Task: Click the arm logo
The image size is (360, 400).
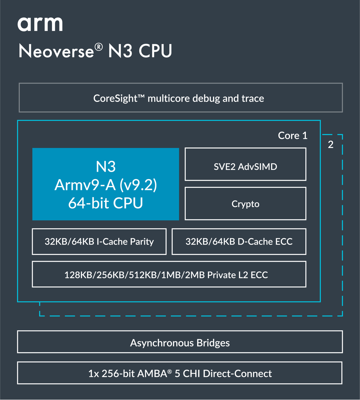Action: (x=40, y=24)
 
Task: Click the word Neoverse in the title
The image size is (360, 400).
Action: (x=56, y=51)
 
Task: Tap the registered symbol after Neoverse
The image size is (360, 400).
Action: (x=99, y=46)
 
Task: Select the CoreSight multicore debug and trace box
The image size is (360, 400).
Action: (x=180, y=98)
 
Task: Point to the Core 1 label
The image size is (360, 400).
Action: (x=292, y=136)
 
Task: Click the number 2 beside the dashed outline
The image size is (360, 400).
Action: (x=330, y=145)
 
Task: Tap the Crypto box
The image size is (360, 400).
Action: (x=245, y=204)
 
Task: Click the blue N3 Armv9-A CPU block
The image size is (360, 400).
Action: (x=105, y=184)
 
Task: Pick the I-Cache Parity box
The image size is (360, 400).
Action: (x=99, y=242)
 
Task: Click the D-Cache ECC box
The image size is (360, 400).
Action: (x=239, y=242)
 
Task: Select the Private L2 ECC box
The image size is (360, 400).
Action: (x=169, y=275)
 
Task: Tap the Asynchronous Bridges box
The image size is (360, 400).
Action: (x=180, y=342)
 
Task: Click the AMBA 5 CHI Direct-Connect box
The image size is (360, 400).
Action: (x=180, y=373)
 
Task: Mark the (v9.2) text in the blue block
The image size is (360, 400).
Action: (x=138, y=185)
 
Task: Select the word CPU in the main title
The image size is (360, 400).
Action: (x=155, y=51)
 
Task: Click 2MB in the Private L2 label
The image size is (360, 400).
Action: (x=193, y=275)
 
